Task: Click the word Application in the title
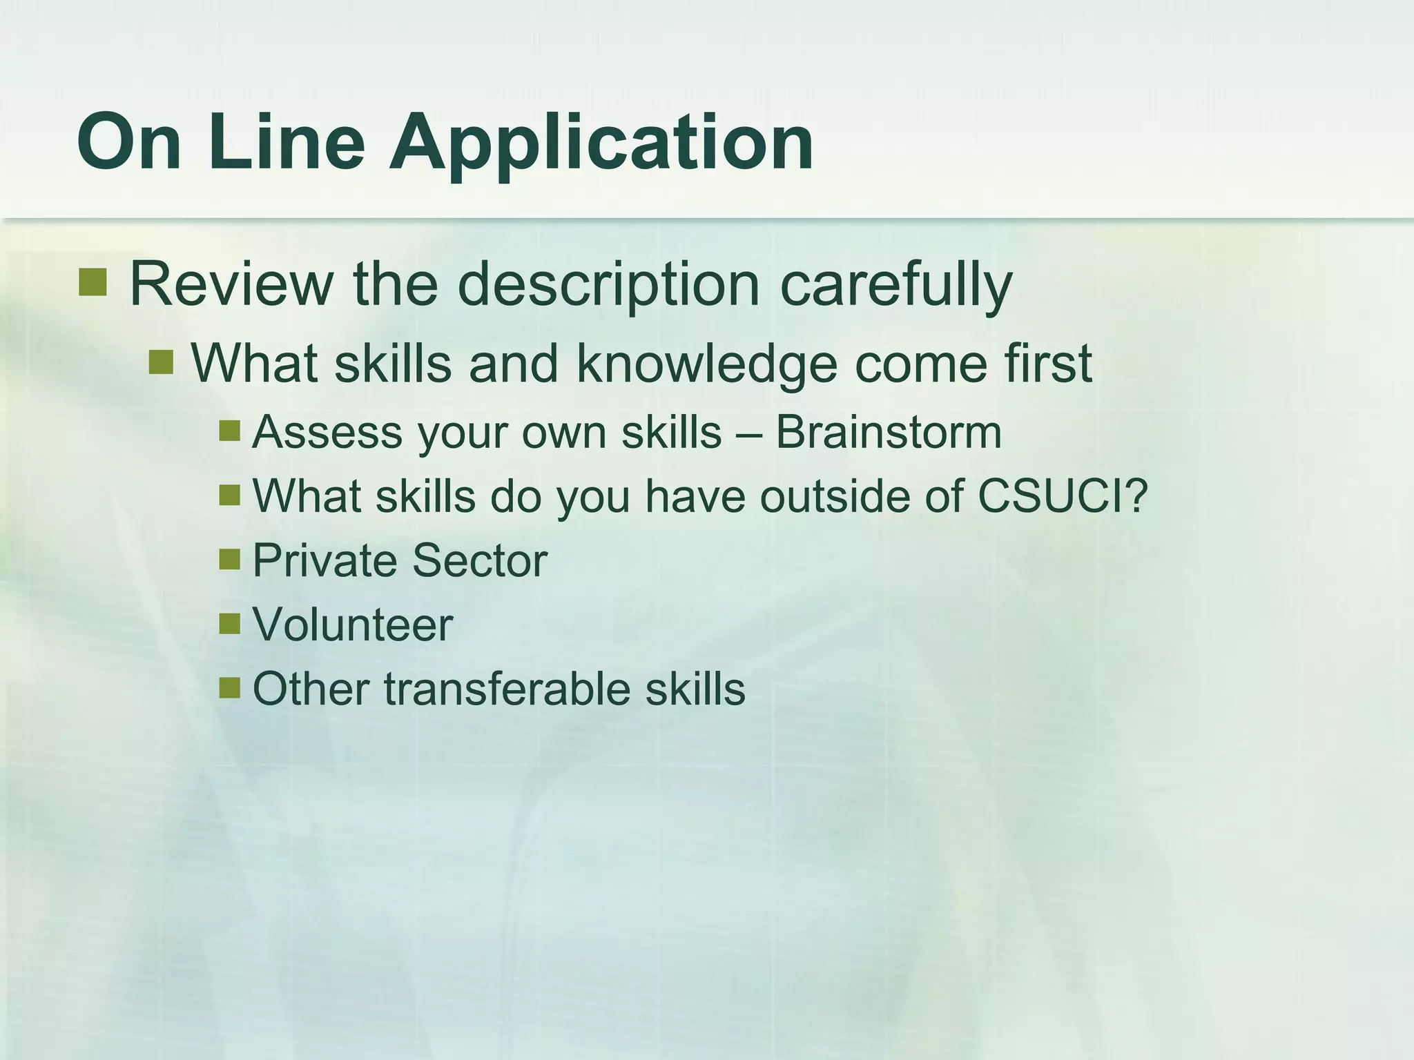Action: [x=601, y=144]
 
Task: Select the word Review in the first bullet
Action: [x=231, y=284]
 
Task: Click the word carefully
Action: [x=895, y=285]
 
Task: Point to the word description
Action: [x=608, y=285]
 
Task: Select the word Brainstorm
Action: [x=889, y=433]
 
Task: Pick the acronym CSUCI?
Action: [x=1063, y=495]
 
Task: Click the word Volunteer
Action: [x=353, y=625]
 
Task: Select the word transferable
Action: [x=506, y=689]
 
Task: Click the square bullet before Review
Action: [x=93, y=282]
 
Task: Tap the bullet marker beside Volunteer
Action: [x=229, y=623]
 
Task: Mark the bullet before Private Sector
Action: [x=229, y=559]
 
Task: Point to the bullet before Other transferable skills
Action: [x=229, y=687]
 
